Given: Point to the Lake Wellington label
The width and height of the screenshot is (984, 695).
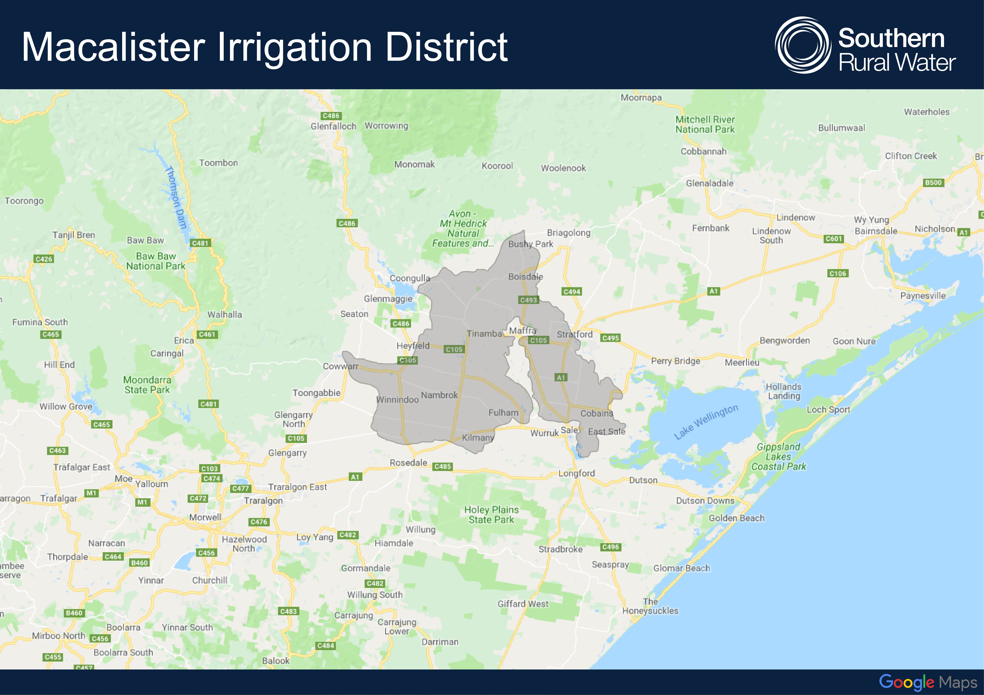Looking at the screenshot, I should point(706,422).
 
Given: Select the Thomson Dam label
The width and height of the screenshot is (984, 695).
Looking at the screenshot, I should point(176,197).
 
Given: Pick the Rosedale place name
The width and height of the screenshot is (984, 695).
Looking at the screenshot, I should point(408,462).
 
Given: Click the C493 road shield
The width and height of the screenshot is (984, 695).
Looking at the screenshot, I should point(528,300).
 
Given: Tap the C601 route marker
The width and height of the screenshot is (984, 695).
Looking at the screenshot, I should point(834,239).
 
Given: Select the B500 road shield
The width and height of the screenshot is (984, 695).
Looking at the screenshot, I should point(933,183).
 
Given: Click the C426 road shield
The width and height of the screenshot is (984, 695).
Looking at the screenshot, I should point(44,259).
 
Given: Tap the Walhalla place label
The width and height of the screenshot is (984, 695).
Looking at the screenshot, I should point(225,315).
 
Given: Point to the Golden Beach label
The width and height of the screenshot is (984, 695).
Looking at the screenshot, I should point(736,518).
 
